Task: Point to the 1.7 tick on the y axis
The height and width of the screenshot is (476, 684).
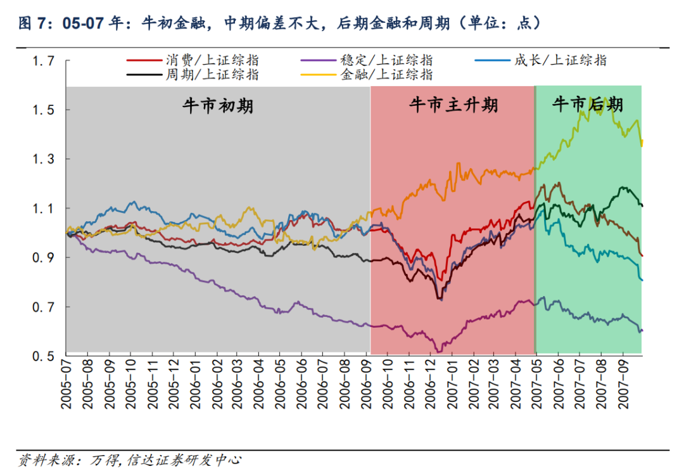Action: (x=44, y=61)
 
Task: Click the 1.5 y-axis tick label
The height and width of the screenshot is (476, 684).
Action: (x=44, y=110)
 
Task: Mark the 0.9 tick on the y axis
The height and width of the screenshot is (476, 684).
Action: (x=44, y=258)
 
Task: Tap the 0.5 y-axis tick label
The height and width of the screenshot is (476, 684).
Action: (x=44, y=356)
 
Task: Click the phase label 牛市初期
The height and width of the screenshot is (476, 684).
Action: (x=218, y=105)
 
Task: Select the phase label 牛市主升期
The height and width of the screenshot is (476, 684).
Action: (x=453, y=105)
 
